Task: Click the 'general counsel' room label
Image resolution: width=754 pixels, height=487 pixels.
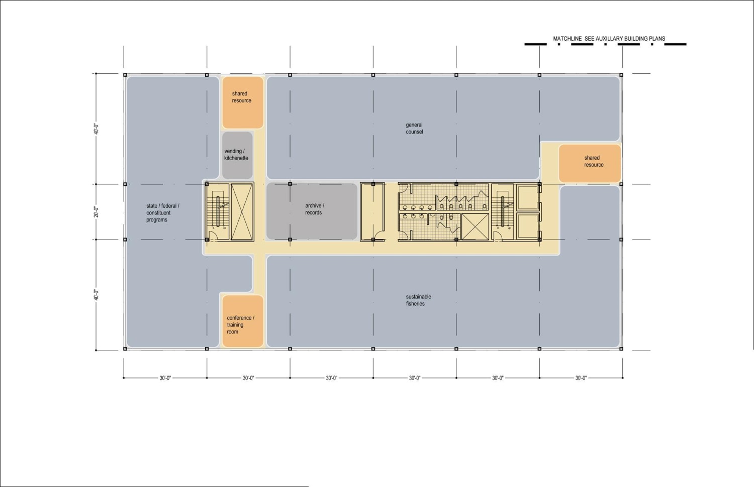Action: point(414,129)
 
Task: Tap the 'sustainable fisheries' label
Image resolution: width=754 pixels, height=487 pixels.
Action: point(418,300)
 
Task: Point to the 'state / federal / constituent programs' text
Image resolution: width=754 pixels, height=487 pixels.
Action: point(162,213)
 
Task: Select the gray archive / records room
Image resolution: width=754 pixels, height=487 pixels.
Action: point(312,211)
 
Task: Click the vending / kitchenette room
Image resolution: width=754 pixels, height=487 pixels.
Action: point(237,155)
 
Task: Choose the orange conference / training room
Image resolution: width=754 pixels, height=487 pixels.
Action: point(242,321)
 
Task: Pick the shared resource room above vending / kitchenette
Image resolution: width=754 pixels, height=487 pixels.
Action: point(242,102)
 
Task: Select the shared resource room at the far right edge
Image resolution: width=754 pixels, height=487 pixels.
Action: point(590,163)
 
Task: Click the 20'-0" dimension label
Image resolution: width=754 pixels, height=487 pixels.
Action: point(96,212)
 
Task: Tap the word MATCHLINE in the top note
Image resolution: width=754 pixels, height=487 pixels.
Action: point(567,39)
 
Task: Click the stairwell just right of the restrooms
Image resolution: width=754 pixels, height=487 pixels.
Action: point(502,212)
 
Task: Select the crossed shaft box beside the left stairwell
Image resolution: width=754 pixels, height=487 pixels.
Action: point(242,212)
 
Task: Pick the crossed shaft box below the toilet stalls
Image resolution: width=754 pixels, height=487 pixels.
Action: point(475,226)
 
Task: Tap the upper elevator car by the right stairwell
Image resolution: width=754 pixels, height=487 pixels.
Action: point(527,197)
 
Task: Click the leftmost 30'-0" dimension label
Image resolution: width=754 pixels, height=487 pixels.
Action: point(165,378)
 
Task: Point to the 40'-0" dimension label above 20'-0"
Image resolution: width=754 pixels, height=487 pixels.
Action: point(96,129)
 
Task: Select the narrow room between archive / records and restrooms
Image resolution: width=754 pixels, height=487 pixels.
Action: point(372,212)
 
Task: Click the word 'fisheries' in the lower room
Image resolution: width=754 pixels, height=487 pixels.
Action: point(415,304)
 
